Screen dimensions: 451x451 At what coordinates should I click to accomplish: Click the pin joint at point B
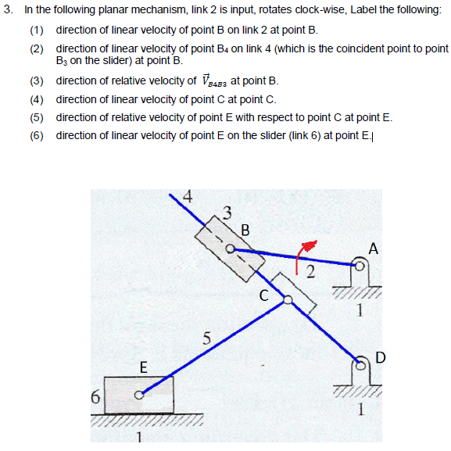[x=231, y=249]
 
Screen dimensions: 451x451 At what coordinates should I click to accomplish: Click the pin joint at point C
[x=287, y=298]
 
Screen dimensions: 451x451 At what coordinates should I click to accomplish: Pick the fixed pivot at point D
[x=360, y=363]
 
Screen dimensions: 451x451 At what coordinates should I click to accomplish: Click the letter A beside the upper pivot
[x=373, y=249]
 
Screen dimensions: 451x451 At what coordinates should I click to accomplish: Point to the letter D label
[x=380, y=358]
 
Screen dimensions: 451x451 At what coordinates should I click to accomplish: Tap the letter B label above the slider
[x=245, y=231]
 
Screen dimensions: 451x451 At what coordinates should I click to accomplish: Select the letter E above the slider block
[x=142, y=367]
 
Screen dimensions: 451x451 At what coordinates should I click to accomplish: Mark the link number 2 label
[x=310, y=272]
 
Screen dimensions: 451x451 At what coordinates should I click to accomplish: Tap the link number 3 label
[x=227, y=210]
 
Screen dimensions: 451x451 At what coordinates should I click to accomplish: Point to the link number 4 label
[x=188, y=196]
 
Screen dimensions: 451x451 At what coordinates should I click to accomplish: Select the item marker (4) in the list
[x=37, y=99]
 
